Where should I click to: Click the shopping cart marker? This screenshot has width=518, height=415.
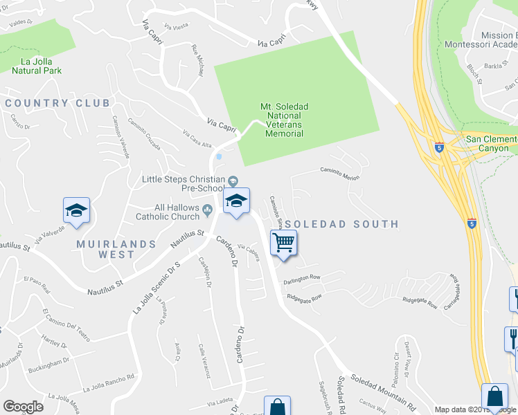tap(284, 243)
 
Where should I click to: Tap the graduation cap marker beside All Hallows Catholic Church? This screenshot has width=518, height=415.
tap(236, 201)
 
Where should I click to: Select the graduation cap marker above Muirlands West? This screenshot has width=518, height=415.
tap(77, 211)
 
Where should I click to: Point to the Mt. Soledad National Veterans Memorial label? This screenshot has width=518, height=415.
tap(284, 120)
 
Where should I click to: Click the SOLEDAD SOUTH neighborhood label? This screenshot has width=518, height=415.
tap(341, 224)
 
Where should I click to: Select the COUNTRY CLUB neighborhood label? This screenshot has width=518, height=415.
tap(57, 103)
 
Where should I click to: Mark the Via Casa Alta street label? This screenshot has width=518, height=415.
tap(197, 139)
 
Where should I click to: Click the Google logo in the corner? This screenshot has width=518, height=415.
tap(23, 406)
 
